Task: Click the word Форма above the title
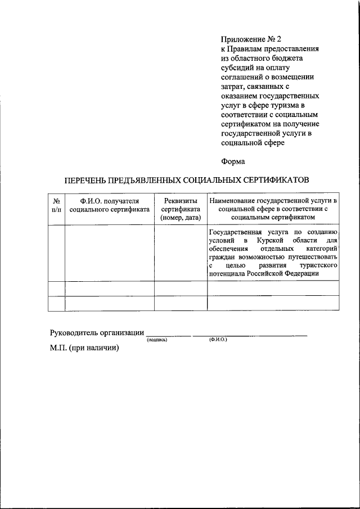tap(233, 161)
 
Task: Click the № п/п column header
tap(56, 205)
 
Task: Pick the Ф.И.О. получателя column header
tap(109, 205)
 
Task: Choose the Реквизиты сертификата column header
tap(181, 208)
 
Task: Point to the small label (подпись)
tap(157, 341)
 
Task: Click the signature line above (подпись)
tap(168, 335)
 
